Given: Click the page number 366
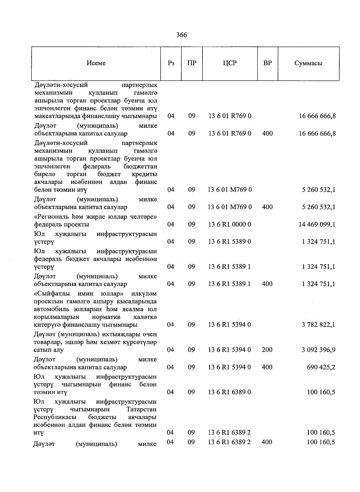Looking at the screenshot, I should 181,35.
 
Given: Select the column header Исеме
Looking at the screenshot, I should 96,63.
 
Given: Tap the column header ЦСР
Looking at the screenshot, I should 230,63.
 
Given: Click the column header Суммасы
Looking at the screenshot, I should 308,63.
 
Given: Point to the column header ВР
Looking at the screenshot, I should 267,63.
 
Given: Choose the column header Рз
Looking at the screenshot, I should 171,63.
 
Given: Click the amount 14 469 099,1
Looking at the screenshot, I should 317,224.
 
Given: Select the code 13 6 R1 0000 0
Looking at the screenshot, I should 230,224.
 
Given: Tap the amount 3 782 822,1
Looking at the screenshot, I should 318,325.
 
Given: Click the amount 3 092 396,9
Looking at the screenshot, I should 318,350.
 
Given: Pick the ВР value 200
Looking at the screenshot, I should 267,350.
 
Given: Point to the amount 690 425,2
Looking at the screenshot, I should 320,367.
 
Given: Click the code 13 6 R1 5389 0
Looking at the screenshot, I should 230,242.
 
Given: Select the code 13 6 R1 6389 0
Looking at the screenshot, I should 230,392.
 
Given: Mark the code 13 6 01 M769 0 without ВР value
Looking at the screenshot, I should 230,190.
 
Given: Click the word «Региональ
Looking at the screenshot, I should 49,217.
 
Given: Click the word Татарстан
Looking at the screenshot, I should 141,409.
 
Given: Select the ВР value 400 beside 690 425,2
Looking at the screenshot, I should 267,367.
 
